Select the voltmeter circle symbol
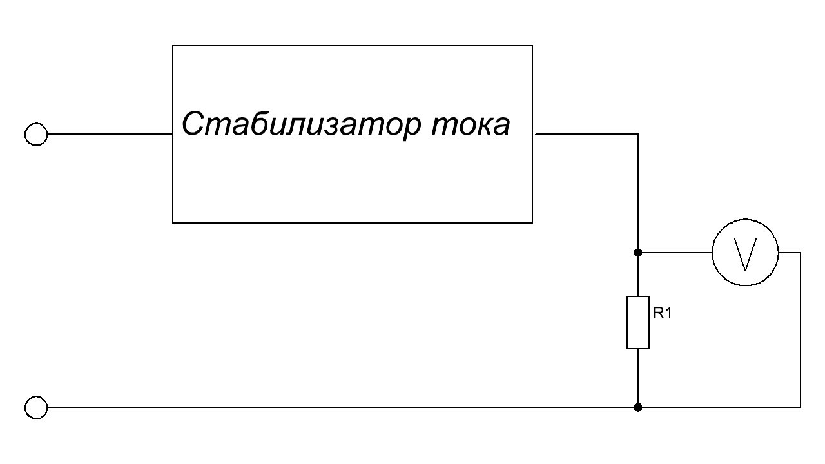coord(745,220)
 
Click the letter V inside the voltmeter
coord(745,255)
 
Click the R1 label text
coord(663,313)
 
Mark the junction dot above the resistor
coord(638,253)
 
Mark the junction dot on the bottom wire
coord(638,407)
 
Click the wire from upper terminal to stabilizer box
coord(110,134)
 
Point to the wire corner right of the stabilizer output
coord(638,134)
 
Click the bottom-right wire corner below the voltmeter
coord(801,407)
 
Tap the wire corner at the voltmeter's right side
coord(801,253)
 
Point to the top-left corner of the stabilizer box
coord(173,46)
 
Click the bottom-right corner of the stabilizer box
coord(532,223)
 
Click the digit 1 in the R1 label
coord(668,313)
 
